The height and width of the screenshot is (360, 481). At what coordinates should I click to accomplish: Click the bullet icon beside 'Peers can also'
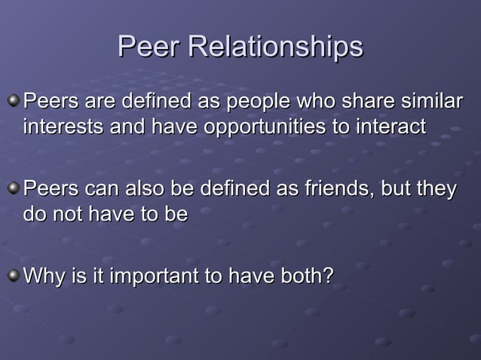click(x=14, y=188)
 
